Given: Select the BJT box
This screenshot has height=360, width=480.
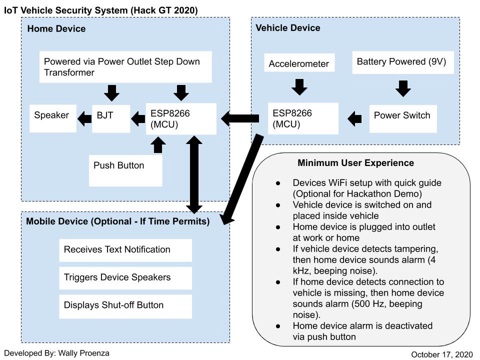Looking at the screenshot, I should (111, 118).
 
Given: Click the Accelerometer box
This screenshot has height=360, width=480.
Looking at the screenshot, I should (299, 64).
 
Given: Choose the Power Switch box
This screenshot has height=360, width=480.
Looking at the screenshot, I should (402, 118).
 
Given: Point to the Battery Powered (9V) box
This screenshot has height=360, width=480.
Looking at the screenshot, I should (402, 62).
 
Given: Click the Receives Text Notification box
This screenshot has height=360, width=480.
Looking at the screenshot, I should (125, 250).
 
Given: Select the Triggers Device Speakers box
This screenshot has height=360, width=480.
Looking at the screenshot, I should (125, 278).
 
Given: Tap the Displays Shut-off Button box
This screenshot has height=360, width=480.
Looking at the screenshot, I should (125, 306).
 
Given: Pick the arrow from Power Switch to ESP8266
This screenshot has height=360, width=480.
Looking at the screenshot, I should (355, 118).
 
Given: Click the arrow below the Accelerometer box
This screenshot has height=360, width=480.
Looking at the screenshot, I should (299, 86).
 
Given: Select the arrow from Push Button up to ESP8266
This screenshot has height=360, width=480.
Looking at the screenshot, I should (158, 145).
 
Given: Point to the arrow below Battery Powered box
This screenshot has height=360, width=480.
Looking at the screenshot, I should (403, 88).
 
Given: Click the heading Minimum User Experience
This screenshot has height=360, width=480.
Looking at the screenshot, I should (355, 163).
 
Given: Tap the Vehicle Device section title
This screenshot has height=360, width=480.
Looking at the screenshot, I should (288, 28).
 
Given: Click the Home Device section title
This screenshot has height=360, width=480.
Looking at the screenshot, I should (56, 29).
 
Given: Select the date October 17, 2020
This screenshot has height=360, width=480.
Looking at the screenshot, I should (441, 354).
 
